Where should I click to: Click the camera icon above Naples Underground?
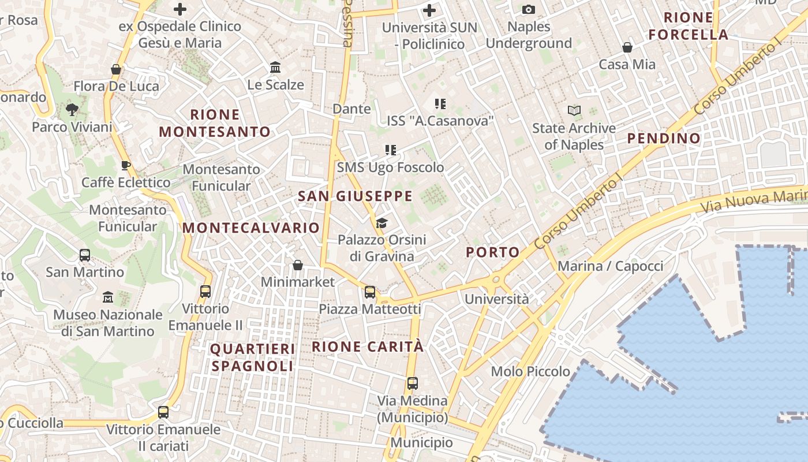(528, 9)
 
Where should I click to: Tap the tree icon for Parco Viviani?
(72, 109)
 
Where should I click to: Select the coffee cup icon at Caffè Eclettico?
(126, 166)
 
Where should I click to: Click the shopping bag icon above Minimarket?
(298, 265)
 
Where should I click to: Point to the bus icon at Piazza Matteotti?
(370, 292)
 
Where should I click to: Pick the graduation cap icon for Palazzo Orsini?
(381, 223)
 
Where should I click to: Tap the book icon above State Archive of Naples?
(574, 110)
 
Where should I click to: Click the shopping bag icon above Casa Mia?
(627, 47)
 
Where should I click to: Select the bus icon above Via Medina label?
(413, 383)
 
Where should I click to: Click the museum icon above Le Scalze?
(275, 68)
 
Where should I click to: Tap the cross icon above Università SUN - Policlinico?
(429, 10)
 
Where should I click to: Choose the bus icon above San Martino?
(85, 255)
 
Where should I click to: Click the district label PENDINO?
(664, 138)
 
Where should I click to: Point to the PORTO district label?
(493, 252)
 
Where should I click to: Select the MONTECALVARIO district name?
(251, 228)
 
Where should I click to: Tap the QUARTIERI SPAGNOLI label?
(253, 357)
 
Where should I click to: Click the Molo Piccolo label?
(530, 371)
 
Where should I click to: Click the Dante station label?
(351, 109)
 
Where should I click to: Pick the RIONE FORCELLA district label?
(688, 26)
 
